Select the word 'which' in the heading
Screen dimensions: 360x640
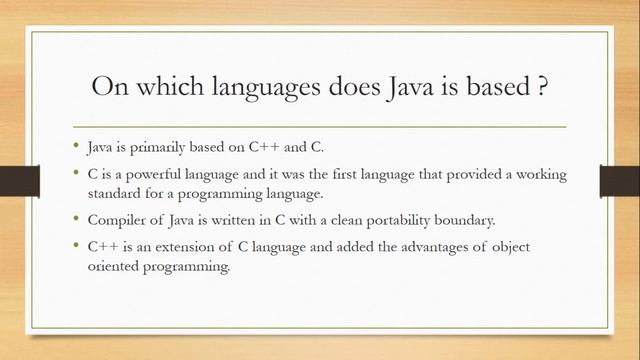click(160, 87)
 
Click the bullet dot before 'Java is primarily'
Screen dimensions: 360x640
click(79, 147)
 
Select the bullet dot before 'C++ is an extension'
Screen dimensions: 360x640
click(79, 247)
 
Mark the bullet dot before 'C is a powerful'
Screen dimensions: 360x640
click(79, 173)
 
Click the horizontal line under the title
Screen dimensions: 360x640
click(320, 127)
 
